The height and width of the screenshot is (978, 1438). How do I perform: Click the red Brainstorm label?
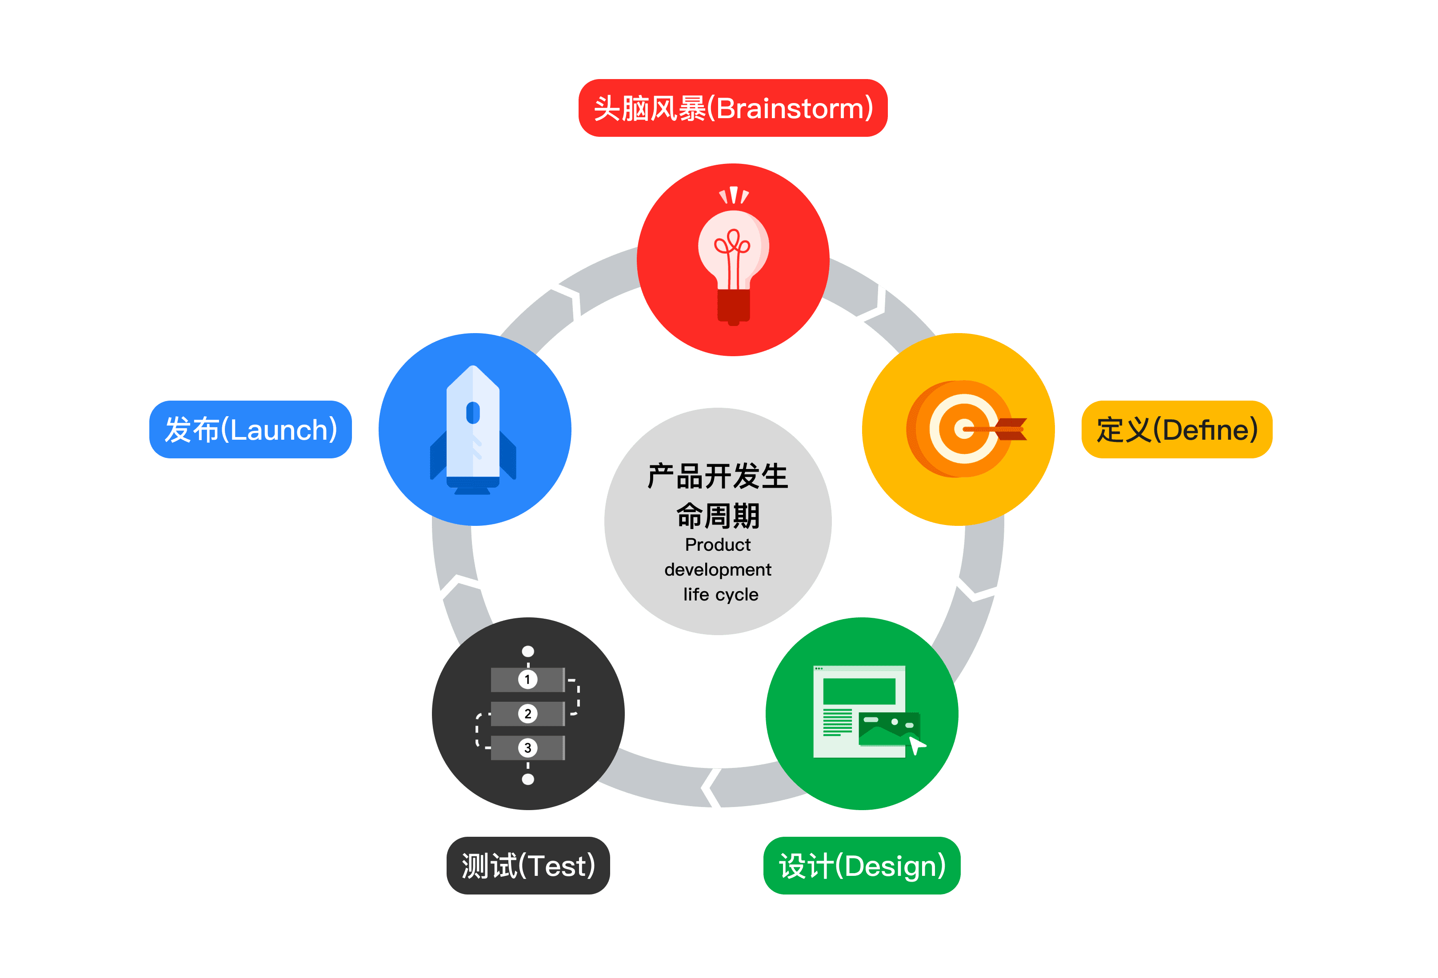(x=733, y=108)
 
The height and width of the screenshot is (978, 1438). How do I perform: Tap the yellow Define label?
(x=1176, y=429)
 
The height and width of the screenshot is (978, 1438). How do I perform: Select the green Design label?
(x=861, y=866)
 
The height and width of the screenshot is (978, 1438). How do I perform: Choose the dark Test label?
(x=528, y=866)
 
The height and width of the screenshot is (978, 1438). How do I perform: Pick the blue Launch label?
(x=251, y=429)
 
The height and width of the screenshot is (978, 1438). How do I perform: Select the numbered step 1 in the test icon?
(x=527, y=679)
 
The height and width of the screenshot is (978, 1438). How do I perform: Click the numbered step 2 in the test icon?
(x=527, y=713)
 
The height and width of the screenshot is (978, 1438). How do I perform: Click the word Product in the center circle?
(x=718, y=545)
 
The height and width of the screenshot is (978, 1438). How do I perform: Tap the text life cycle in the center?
(x=720, y=594)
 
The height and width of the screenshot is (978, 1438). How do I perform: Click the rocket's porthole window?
(x=473, y=412)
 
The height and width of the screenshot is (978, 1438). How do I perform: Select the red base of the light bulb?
(x=733, y=304)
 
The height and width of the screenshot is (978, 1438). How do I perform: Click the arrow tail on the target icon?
(x=1012, y=429)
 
